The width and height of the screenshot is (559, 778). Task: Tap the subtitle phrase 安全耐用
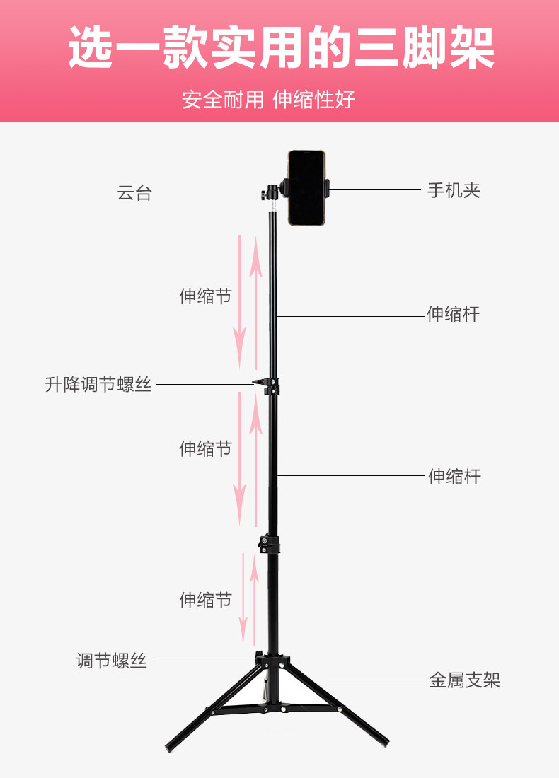pyautogui.click(x=222, y=100)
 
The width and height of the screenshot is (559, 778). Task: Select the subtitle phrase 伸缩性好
pyautogui.click(x=314, y=100)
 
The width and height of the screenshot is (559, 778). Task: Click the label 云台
pyautogui.click(x=134, y=193)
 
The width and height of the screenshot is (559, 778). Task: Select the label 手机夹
pyautogui.click(x=454, y=190)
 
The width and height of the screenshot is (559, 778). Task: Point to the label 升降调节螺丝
pyautogui.click(x=98, y=385)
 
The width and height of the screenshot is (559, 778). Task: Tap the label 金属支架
pyautogui.click(x=464, y=680)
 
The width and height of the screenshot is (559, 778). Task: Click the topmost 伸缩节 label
pyautogui.click(x=205, y=296)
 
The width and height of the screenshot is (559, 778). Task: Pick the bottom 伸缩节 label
pyautogui.click(x=205, y=600)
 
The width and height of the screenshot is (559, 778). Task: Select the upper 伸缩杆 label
pyautogui.click(x=453, y=314)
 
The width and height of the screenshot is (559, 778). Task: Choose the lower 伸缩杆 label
pyautogui.click(x=454, y=477)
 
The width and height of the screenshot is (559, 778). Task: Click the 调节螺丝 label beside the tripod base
pyautogui.click(x=112, y=661)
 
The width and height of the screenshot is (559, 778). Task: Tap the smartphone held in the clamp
pyautogui.click(x=308, y=188)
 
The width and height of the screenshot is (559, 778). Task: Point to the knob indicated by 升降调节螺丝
pyautogui.click(x=260, y=383)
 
